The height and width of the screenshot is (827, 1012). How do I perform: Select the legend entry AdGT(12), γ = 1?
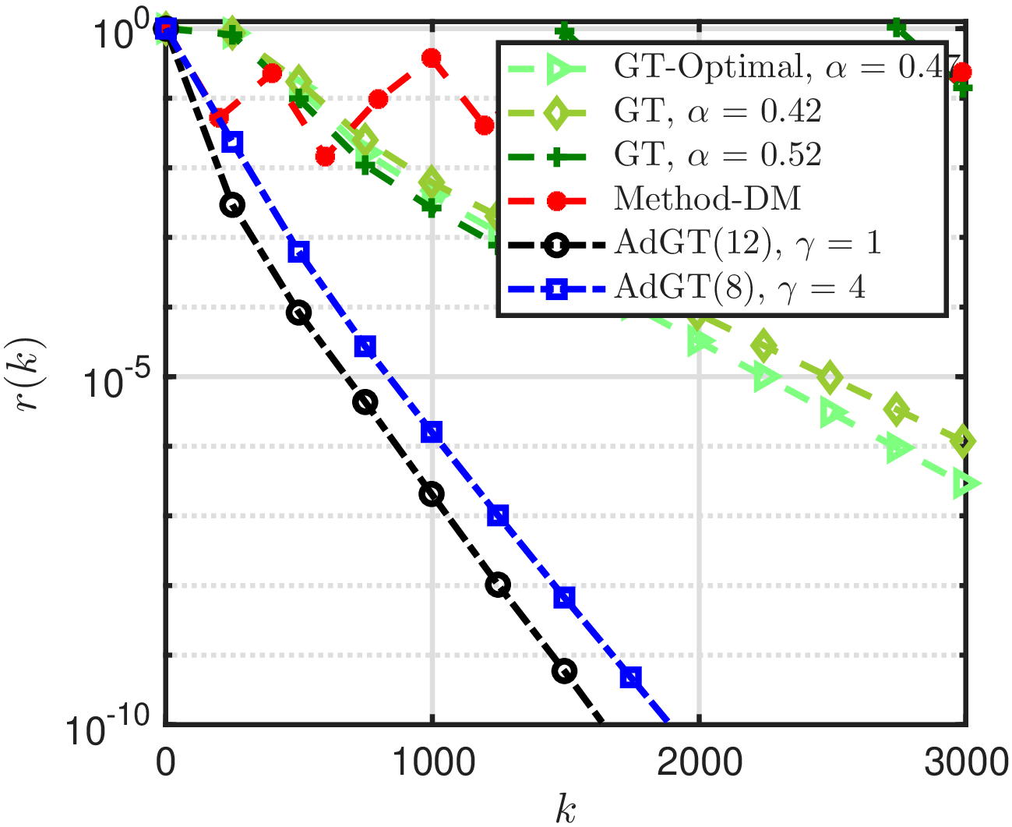click(747, 244)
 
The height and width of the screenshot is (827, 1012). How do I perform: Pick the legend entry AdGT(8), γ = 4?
click(739, 288)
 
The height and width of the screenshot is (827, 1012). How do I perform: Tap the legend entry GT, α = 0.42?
click(717, 111)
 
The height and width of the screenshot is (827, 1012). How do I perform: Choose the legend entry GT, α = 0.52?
click(717, 155)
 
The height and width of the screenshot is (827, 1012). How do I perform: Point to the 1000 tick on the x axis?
click(432, 762)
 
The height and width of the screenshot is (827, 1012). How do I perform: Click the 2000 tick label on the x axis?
click(699, 762)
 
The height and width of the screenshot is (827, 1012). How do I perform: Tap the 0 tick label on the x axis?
click(164, 762)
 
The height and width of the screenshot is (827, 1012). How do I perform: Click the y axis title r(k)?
click(35, 376)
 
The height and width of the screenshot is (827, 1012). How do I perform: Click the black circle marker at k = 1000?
click(432, 493)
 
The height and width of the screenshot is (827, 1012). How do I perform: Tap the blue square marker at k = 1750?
click(631, 677)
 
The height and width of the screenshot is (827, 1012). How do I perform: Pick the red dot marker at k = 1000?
click(432, 58)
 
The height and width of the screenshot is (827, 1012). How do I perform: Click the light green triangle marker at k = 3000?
click(966, 484)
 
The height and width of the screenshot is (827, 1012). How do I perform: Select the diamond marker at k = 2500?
click(831, 378)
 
